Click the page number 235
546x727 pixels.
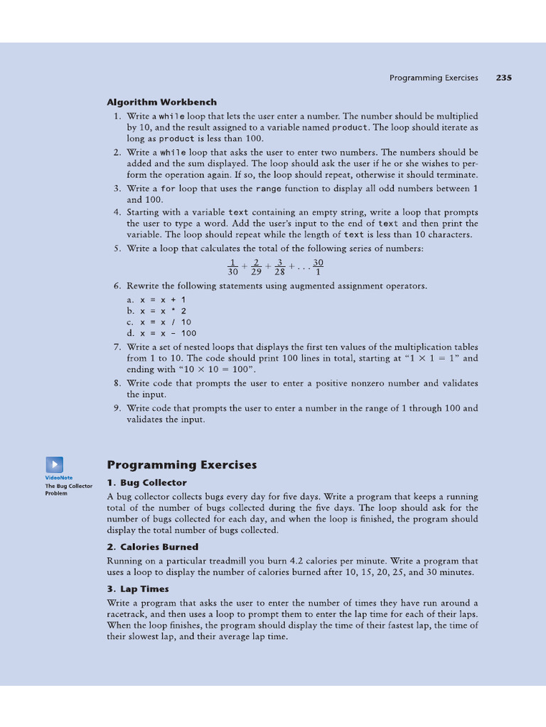click(503, 78)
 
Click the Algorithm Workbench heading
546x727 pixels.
click(162, 102)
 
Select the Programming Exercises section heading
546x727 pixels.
click(181, 465)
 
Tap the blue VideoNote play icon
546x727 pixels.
click(55, 464)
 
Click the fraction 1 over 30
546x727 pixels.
click(232, 267)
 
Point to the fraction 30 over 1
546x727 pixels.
click(318, 267)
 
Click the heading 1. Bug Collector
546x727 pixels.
click(146, 483)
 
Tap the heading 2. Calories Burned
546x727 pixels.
click(152, 547)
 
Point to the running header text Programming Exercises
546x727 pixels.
click(434, 78)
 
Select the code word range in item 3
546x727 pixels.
click(269, 189)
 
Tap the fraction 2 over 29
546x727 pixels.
click(256, 267)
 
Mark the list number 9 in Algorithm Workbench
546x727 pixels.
click(117, 408)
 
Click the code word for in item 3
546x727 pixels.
click(168, 189)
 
